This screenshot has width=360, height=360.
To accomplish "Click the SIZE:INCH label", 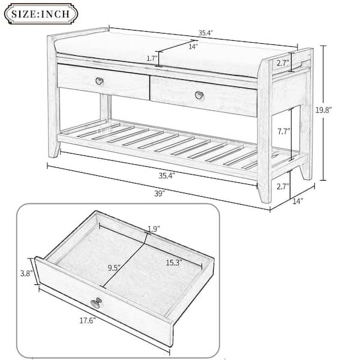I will [43, 13].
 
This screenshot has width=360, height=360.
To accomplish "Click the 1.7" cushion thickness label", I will [150, 58].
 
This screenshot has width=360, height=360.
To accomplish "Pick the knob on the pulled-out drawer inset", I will [95, 302].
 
